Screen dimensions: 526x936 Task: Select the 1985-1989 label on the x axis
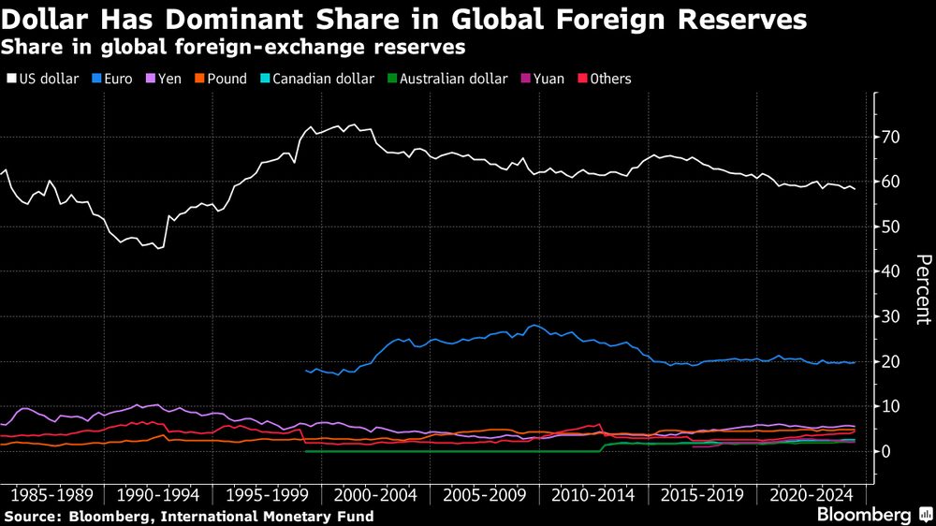click(51, 493)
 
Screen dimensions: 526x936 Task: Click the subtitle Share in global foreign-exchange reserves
click(233, 46)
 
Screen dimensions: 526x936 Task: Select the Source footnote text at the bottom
click(188, 517)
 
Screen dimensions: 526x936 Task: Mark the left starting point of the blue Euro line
click(307, 371)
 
